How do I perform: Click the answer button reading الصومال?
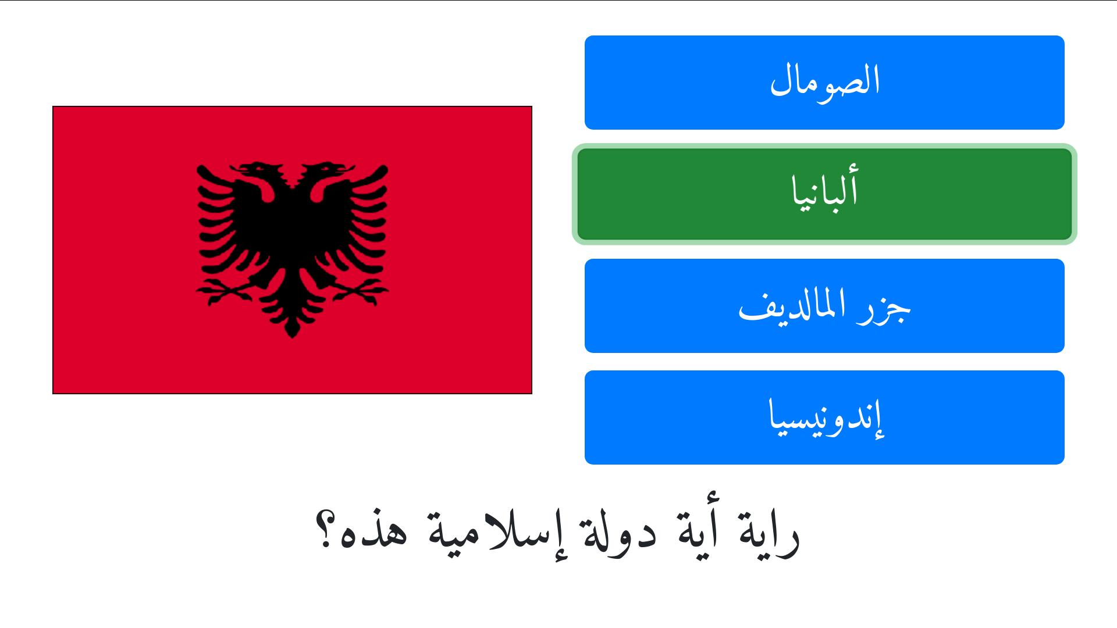click(x=824, y=83)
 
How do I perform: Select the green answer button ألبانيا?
click(x=824, y=194)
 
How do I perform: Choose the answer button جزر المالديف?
click(x=824, y=306)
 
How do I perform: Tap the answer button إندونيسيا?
click(x=824, y=418)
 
